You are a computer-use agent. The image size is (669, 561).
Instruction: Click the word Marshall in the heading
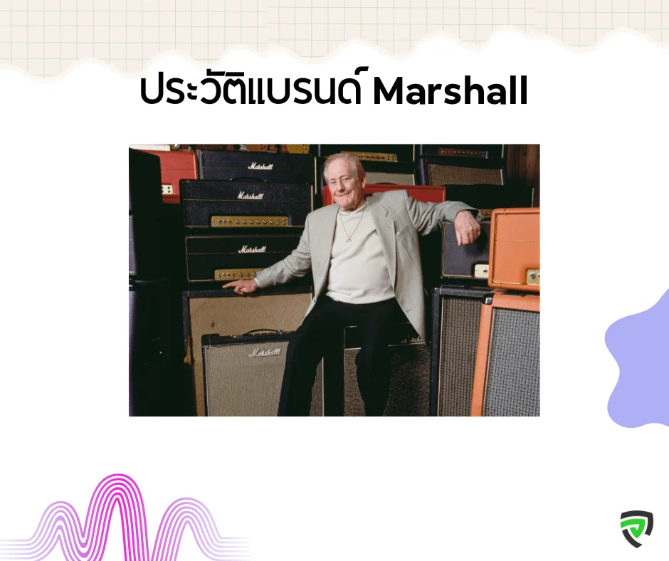coord(450,91)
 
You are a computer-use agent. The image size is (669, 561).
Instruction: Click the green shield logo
coord(636,528)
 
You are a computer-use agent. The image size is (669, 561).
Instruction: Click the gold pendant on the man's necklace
coord(348,239)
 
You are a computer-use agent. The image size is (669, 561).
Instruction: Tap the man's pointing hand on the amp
coord(241,286)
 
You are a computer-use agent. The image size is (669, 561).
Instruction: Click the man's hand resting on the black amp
coord(468,228)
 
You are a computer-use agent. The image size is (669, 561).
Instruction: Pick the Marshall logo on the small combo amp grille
coord(265,352)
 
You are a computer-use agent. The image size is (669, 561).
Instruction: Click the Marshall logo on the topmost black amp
coord(260,166)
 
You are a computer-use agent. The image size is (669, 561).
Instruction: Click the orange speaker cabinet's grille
coord(512,361)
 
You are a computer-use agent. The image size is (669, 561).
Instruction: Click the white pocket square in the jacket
coord(399,232)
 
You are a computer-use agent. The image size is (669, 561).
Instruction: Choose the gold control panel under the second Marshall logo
coord(250,221)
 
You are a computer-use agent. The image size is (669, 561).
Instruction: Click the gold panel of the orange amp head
coord(533,277)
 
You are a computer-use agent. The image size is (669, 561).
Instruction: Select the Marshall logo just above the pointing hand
coord(252,249)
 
